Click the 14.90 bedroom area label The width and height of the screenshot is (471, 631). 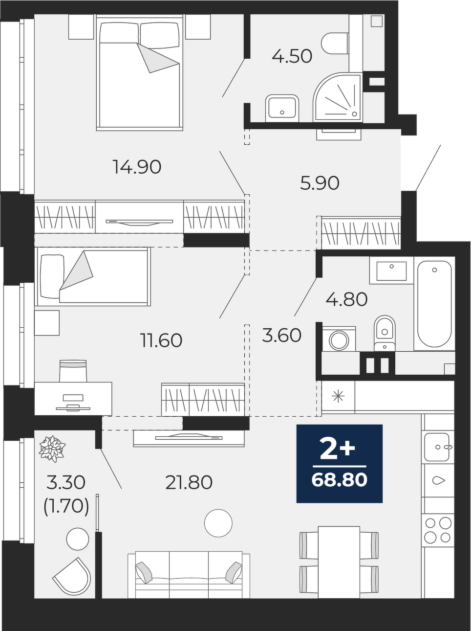coord(137,167)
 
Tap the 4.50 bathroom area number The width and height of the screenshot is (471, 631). coord(292,56)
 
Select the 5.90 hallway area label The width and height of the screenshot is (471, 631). coord(320,183)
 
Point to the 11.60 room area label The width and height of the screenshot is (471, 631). coord(161,340)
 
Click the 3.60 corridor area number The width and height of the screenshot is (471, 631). coord(281,336)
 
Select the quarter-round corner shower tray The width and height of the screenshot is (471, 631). coord(338,96)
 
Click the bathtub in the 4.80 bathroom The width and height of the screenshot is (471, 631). coord(434,304)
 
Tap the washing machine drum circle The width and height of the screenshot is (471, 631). coord(339,340)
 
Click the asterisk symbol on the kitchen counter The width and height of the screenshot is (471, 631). coord(338,397)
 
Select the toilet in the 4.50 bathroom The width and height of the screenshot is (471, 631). coord(335,43)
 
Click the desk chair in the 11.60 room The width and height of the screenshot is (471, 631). coord(73,371)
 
